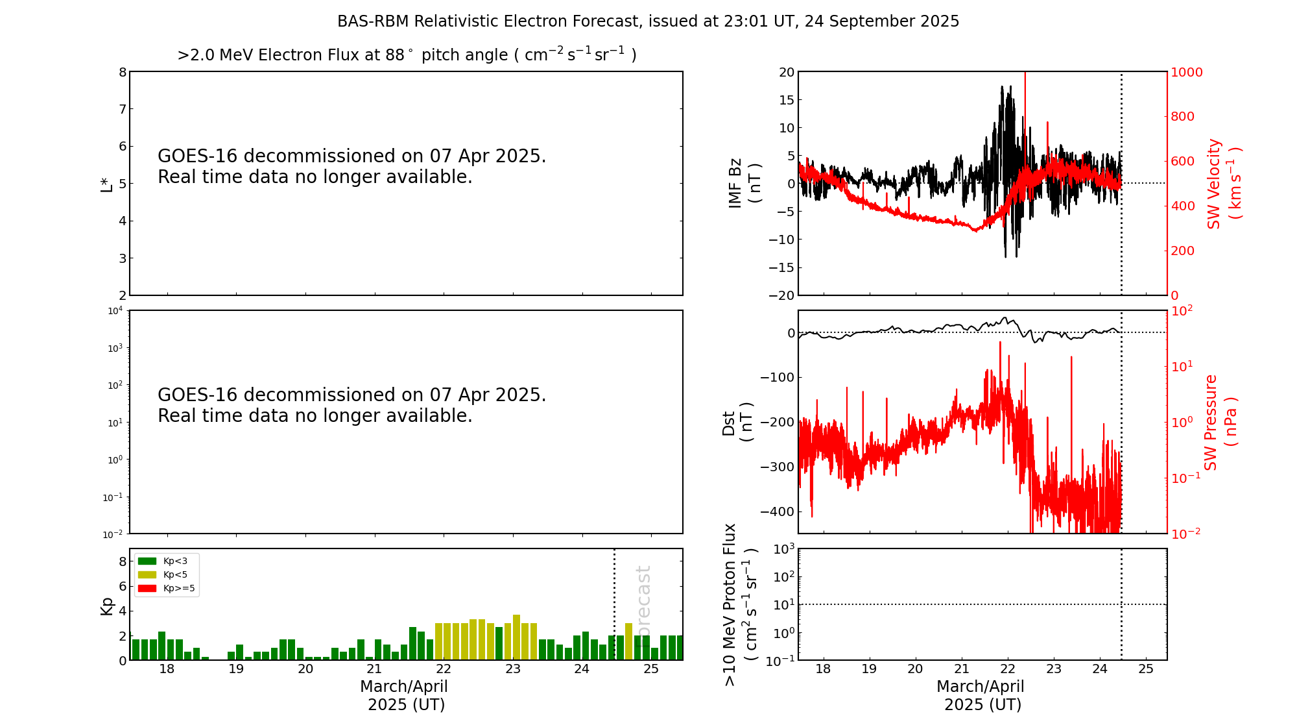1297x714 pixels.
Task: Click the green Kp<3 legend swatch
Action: tap(147, 561)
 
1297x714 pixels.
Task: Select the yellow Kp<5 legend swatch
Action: tap(147, 574)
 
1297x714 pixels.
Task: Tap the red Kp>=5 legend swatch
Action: tap(147, 589)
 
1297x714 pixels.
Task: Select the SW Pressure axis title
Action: tap(1220, 422)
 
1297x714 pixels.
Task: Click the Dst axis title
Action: tap(737, 422)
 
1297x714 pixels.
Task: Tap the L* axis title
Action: tap(106, 184)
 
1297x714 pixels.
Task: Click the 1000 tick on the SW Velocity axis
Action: tap(1186, 72)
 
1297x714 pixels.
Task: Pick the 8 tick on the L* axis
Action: tap(122, 72)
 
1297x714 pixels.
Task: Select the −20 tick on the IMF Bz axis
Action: tap(781, 295)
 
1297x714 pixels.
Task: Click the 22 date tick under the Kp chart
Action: tap(444, 669)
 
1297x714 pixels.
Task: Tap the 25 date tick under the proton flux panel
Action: tap(1146, 669)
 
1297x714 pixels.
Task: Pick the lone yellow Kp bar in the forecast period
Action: tap(628, 641)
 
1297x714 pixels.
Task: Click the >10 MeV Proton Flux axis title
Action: tap(740, 604)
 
